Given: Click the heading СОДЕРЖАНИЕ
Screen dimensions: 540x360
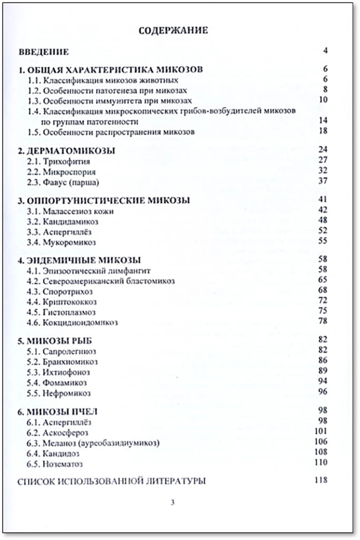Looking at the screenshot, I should (173, 30).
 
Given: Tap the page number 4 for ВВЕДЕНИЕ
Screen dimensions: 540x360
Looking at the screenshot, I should (326, 51).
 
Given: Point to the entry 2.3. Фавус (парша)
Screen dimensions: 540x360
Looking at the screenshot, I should (63, 181).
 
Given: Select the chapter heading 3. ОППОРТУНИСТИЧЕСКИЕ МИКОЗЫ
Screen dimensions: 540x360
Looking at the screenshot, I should (104, 201).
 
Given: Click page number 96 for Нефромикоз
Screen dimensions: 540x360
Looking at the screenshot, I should (324, 391).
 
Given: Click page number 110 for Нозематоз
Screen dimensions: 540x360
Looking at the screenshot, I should (321, 462).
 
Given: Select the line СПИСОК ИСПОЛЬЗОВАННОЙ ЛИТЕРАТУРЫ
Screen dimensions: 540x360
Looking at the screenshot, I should (111, 481).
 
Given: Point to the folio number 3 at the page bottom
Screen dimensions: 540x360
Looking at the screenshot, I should (172, 502).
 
